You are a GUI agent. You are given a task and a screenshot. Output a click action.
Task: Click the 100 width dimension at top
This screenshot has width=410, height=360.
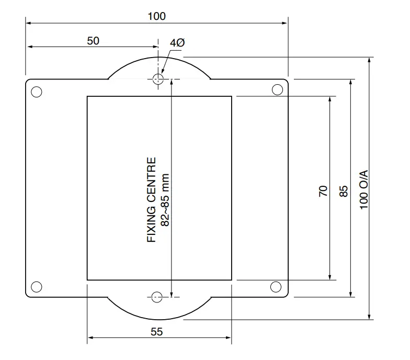coord(156,16)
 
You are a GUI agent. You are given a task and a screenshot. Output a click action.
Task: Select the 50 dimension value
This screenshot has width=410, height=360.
coord(93,40)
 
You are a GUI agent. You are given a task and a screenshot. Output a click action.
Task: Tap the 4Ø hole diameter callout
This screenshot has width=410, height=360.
coord(177,43)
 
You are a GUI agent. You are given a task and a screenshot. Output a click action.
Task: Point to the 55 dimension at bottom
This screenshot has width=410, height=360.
coord(156,331)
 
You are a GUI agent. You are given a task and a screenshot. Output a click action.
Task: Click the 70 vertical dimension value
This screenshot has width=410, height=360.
coord(323,190)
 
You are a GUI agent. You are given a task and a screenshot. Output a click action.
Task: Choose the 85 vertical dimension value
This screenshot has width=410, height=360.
coord(344,190)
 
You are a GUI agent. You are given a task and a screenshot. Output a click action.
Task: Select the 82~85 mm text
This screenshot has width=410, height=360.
coord(165,199)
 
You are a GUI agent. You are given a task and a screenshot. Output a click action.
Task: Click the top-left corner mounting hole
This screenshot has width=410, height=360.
coord(36,92)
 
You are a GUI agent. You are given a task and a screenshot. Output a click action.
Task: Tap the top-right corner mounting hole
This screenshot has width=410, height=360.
coord(277,89)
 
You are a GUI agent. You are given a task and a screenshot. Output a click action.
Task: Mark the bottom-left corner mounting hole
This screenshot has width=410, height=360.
coord(36,286)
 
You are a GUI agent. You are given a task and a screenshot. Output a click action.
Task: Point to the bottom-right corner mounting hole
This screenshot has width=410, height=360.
coord(276,286)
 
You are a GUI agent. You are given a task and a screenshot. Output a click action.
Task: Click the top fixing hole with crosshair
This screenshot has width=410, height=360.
coord(158,79)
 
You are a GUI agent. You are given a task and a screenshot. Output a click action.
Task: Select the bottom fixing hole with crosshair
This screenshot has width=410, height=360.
coord(155,297)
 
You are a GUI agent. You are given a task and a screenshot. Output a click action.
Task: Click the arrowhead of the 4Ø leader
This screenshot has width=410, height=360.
coord(162,73)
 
